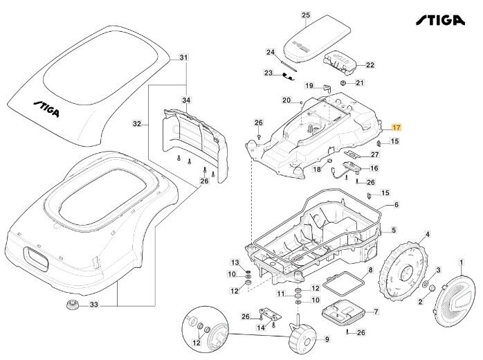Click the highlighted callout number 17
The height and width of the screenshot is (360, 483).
pos(397,128)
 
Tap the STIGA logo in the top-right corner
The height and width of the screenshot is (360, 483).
pos(441,20)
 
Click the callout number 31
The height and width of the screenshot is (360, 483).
pos(183,57)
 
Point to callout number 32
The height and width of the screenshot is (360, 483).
pos(137,125)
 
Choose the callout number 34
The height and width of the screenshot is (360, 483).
pos(185,101)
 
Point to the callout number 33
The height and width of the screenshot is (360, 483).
pos(95,305)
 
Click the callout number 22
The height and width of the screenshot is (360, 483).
pos(370,65)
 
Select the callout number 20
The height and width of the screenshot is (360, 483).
pos(286,100)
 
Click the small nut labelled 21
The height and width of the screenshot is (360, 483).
pos(343,83)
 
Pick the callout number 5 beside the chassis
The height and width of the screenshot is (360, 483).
pos(393,230)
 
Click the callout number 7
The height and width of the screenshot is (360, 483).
pos(376,312)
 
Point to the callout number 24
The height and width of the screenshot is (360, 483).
pos(271,52)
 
